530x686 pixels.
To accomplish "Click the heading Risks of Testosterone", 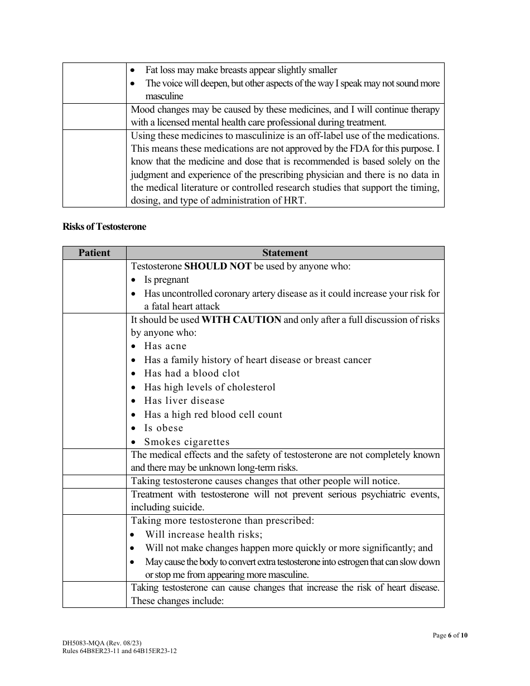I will coord(104,227).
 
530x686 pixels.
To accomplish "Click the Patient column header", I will coord(94,253).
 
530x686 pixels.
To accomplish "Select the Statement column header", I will coord(285,253).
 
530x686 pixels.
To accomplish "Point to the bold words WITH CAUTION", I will coord(241,320).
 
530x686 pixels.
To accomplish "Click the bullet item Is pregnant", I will coord(166,280).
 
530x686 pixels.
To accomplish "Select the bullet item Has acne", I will coord(165,346).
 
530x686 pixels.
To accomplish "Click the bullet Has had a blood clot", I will coord(192,374).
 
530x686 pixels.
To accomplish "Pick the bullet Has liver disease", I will coord(184,401).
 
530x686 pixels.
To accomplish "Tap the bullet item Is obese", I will coord(163,428).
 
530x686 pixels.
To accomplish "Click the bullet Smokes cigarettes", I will coord(187,442).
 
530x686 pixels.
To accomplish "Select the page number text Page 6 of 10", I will coord(450,635).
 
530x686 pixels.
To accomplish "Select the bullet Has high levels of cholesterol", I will coord(210,388).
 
